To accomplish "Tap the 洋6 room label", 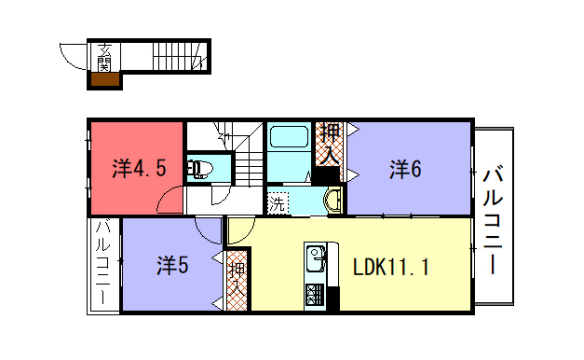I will [405, 169].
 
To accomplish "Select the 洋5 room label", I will [172, 266].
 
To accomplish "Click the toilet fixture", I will [202, 169].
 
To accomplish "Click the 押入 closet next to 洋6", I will [328, 143].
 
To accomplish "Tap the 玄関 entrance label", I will [103, 57].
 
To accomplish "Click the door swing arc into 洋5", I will [208, 230].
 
